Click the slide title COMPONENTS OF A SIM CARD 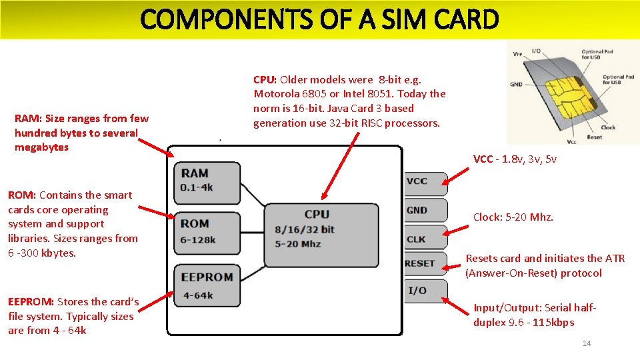pos(319,20)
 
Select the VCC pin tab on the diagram pos(424,181)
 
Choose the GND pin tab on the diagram pos(424,211)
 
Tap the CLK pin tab pos(424,239)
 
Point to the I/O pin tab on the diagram pos(424,291)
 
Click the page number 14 pos(587,343)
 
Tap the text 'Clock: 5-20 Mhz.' pos(513,217)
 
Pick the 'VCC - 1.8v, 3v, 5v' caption pos(515,159)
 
